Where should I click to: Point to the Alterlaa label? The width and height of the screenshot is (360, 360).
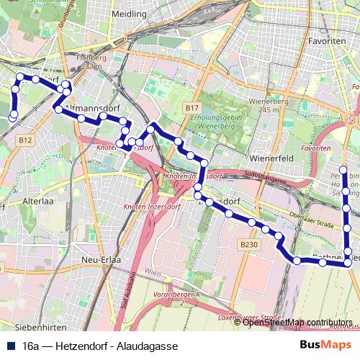click(35, 202)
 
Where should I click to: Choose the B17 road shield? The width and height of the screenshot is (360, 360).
click(191, 108)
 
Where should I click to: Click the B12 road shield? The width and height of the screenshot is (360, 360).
click(26, 140)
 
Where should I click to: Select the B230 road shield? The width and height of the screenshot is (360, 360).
click(248, 245)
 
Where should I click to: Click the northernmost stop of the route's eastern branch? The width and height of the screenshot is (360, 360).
click(343, 171)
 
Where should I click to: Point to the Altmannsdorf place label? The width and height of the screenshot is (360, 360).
click(91, 107)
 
